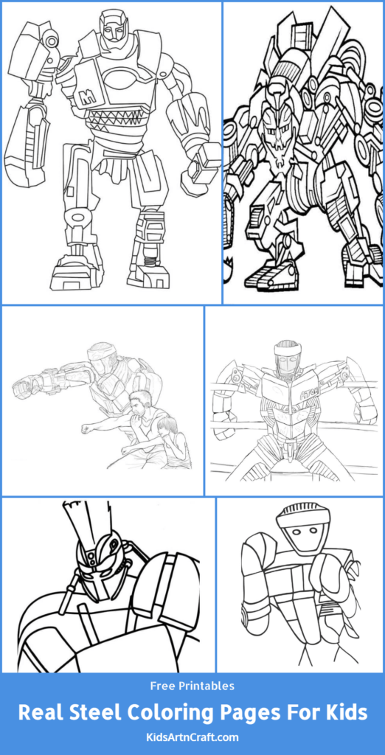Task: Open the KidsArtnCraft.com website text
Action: pyautogui.click(x=192, y=737)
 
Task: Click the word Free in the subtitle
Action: pyautogui.click(x=162, y=686)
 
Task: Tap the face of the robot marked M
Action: pyautogui.click(x=114, y=29)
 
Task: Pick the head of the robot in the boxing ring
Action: pyautogui.click(x=285, y=358)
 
